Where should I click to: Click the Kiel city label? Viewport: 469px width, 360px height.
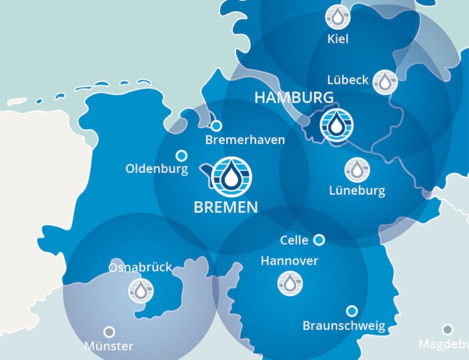[338, 39]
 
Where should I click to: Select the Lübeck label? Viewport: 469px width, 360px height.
[348, 80]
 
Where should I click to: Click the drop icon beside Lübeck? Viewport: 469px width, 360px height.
[384, 82]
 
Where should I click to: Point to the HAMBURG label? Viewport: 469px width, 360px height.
[294, 98]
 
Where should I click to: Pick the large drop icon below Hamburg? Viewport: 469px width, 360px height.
[337, 125]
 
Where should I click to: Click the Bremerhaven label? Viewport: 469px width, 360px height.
[245, 140]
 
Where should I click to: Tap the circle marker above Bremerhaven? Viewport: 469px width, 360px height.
[216, 125]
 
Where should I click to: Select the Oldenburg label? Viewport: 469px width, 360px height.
[157, 169]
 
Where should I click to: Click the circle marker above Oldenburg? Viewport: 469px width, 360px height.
[181, 155]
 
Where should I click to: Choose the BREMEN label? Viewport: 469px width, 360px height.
[225, 207]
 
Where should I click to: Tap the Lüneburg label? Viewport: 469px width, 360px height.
[357, 191]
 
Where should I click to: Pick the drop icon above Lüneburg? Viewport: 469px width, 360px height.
[357, 170]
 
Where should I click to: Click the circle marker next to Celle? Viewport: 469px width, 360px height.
[319, 239]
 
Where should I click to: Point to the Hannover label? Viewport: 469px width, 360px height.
[290, 261]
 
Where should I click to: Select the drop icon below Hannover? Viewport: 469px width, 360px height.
[290, 283]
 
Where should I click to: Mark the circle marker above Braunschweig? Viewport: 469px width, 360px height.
[352, 311]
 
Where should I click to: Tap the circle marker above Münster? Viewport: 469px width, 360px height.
[109, 331]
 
